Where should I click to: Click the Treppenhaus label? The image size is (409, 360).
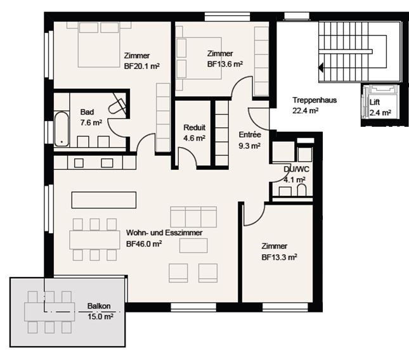315,100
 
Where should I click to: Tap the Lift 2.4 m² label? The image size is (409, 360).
380,107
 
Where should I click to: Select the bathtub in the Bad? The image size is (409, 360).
62,129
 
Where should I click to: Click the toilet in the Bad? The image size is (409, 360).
117,106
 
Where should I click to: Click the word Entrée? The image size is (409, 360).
250,135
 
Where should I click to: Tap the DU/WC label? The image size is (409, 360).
296,169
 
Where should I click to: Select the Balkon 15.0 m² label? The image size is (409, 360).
100,311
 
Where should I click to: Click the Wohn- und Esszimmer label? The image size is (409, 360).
164,233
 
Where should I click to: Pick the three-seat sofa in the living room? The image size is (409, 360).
193,217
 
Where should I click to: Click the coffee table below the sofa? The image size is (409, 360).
193,245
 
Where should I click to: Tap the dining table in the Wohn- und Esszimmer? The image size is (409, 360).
94,240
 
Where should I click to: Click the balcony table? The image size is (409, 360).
49,311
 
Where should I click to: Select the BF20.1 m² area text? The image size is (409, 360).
141,66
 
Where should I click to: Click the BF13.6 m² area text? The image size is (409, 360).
225,64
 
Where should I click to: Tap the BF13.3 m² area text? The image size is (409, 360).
280,257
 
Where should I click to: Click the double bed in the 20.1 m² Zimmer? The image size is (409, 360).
99,45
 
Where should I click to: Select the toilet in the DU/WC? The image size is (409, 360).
301,190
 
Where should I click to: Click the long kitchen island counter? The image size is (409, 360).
104,200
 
